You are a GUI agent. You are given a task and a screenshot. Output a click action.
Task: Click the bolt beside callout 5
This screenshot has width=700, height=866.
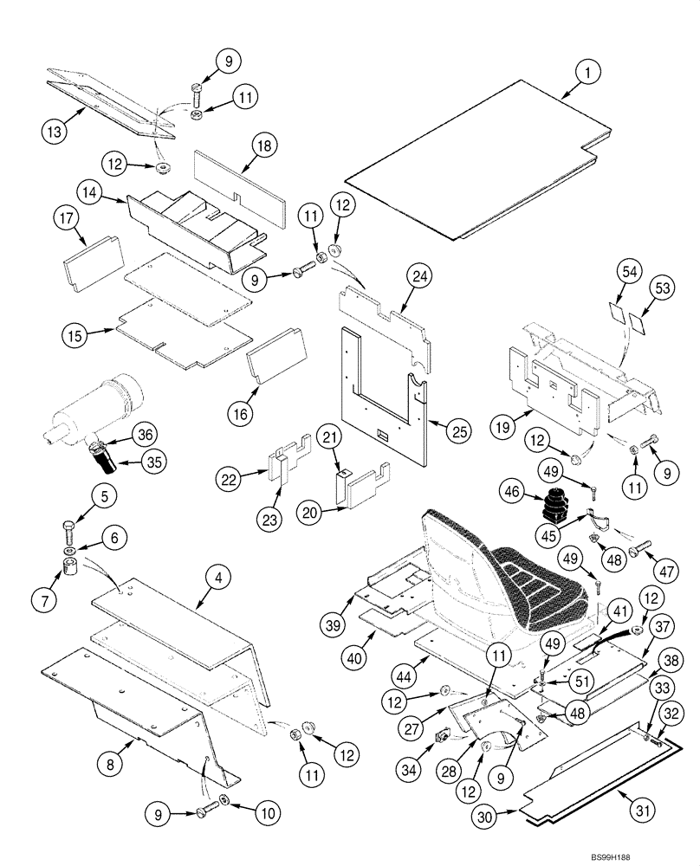(69, 529)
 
